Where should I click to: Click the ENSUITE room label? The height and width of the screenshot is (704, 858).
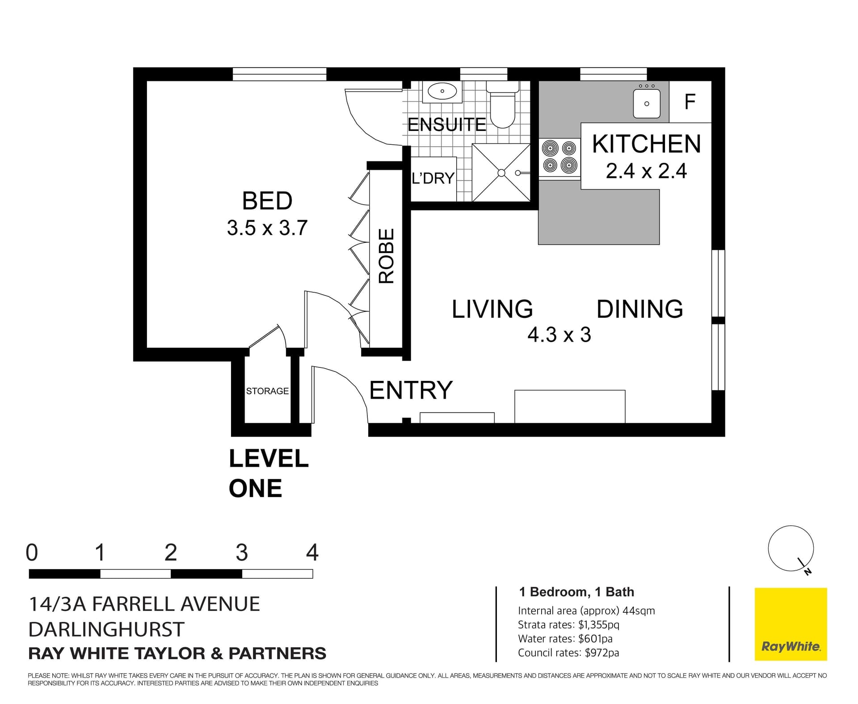[446, 124]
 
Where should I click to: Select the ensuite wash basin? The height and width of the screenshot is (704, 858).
[442, 92]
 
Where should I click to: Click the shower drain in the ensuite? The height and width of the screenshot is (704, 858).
[501, 173]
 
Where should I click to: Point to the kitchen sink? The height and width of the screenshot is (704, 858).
[646, 103]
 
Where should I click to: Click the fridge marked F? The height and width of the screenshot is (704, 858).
[690, 101]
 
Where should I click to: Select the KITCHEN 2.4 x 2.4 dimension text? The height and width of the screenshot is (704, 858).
[646, 156]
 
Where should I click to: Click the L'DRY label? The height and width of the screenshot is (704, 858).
[433, 178]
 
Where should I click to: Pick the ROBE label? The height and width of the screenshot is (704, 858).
[387, 256]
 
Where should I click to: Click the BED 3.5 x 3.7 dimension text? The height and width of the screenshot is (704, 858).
[267, 214]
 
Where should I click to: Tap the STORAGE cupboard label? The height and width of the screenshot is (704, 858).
[267, 391]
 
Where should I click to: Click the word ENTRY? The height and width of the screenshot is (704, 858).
[411, 390]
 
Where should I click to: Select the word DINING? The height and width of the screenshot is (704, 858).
[640, 309]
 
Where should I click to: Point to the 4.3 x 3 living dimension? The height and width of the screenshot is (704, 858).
[559, 335]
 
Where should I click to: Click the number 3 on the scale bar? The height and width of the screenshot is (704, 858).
[242, 552]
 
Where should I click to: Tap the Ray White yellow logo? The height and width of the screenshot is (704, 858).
[791, 624]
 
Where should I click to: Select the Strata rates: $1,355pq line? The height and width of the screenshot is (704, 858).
[568, 624]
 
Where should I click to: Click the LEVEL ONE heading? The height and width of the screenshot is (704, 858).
[269, 473]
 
